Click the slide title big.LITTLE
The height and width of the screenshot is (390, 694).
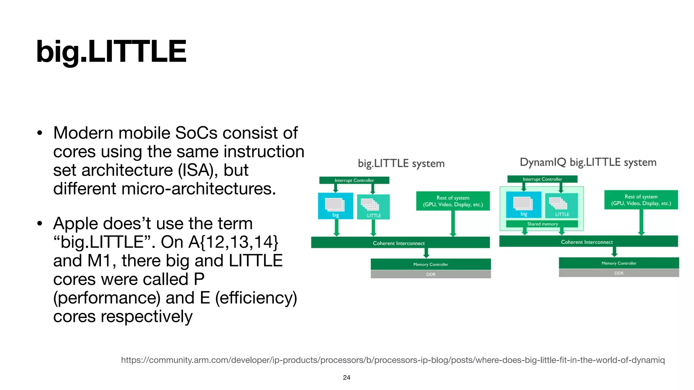[x=111, y=51]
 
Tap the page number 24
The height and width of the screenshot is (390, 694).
[x=346, y=377]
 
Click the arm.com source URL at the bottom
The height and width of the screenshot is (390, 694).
[x=393, y=360]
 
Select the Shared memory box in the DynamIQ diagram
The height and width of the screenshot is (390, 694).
[x=542, y=224]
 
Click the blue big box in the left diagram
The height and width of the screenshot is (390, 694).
[x=335, y=206]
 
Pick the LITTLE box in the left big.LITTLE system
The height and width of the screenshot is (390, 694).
[x=373, y=207]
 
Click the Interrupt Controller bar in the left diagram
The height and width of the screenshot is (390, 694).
[x=354, y=180]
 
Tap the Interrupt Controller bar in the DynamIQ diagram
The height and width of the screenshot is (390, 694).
[x=542, y=179]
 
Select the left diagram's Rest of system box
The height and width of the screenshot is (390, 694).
[x=453, y=201]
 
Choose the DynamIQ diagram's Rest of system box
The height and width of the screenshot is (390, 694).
[x=641, y=200]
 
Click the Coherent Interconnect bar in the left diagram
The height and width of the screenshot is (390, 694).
[x=400, y=243]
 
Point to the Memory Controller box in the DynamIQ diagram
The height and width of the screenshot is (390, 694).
[x=619, y=263]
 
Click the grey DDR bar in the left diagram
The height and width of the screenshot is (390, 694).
[x=430, y=274]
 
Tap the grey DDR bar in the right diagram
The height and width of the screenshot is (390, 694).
[x=619, y=273]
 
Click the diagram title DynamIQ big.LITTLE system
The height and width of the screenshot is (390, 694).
[x=588, y=162]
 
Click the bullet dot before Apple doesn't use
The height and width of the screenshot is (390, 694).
[x=40, y=223]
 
